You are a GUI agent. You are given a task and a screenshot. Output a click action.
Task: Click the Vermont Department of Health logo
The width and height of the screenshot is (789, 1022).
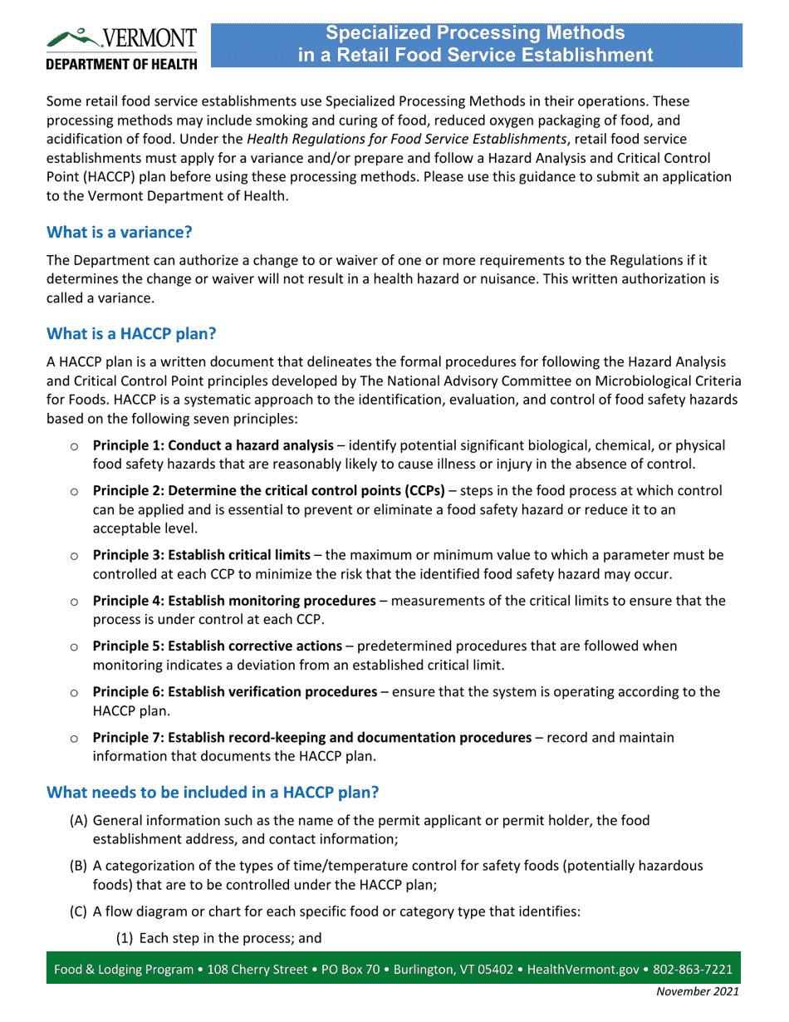(x=121, y=48)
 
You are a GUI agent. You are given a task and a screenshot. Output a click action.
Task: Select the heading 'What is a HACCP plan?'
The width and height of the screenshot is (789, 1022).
(x=131, y=334)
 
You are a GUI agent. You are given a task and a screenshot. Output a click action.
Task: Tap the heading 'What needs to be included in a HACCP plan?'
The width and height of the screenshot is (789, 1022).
(x=213, y=792)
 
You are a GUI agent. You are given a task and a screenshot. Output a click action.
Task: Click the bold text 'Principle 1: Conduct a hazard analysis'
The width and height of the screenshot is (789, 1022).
(x=213, y=445)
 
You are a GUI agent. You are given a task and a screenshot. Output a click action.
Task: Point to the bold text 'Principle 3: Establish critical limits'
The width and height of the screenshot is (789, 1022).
(x=201, y=554)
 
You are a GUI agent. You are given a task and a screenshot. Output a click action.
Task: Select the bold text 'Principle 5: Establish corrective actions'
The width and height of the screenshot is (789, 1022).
(x=217, y=646)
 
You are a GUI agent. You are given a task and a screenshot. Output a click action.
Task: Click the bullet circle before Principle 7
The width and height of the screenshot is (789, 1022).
(x=74, y=738)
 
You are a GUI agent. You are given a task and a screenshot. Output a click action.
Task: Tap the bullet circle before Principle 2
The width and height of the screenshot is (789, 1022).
(x=74, y=491)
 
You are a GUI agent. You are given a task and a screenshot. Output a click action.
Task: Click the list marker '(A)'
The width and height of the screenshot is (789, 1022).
(x=78, y=820)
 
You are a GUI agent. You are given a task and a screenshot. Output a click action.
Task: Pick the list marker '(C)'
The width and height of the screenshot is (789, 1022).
(x=78, y=911)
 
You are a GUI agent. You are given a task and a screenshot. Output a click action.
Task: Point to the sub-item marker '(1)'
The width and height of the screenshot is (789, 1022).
(x=125, y=939)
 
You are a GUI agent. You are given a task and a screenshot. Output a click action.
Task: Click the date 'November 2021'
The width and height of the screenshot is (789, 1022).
(x=697, y=991)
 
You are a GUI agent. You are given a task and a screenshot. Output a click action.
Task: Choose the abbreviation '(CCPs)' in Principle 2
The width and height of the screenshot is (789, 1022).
(x=424, y=491)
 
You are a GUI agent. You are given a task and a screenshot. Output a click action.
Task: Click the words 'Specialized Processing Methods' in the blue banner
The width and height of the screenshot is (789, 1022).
(x=474, y=33)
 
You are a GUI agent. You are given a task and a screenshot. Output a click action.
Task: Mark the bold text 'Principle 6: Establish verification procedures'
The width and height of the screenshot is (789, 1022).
(x=234, y=691)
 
